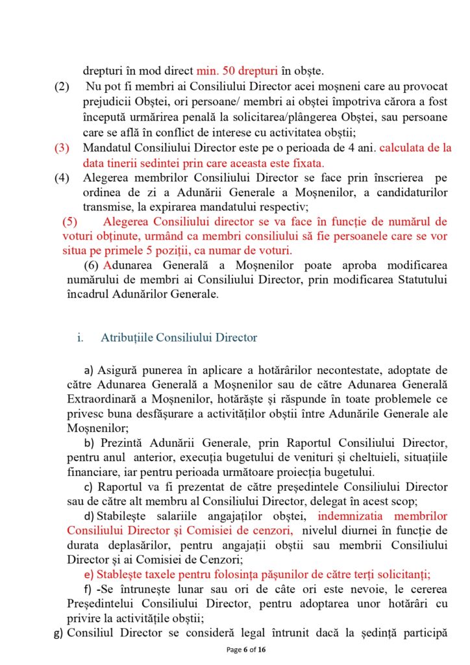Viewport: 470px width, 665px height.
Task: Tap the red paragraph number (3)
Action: click(62, 147)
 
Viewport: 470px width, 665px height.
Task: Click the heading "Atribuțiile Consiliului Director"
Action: click(179, 338)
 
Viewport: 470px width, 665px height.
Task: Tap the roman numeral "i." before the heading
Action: click(80, 338)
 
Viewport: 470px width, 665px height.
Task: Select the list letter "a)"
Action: click(90, 371)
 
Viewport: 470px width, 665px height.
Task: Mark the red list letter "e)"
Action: click(90, 574)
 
